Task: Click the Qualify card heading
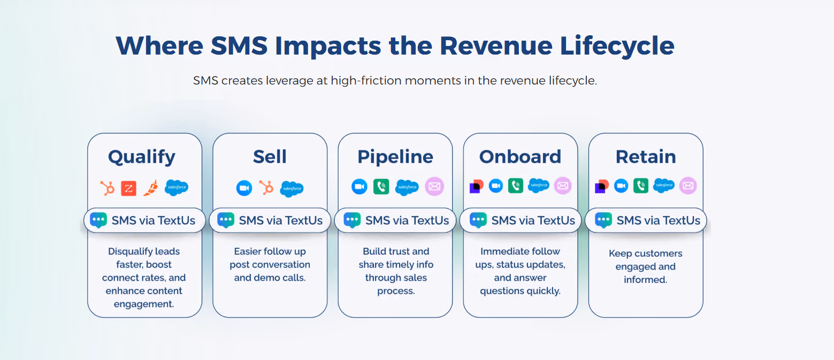pos(141,157)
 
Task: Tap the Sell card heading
pos(270,157)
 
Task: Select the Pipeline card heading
pos(395,157)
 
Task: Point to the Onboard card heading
pos(520,157)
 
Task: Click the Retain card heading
pos(646,157)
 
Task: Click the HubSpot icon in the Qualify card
pos(107,188)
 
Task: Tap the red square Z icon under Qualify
pos(128,188)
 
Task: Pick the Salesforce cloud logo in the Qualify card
pos(177,187)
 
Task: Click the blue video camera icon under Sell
pos(244,188)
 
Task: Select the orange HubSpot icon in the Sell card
pos(266,188)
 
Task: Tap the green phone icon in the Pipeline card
pos(381,187)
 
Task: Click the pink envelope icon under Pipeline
pos(434,186)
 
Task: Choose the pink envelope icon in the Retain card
pos(688,186)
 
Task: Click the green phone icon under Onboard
pos(516,186)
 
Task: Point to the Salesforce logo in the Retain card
pos(664,186)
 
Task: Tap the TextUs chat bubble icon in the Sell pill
pos(226,220)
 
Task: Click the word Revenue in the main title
pos(496,46)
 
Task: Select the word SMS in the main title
pos(239,46)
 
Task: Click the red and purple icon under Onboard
pos(476,186)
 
